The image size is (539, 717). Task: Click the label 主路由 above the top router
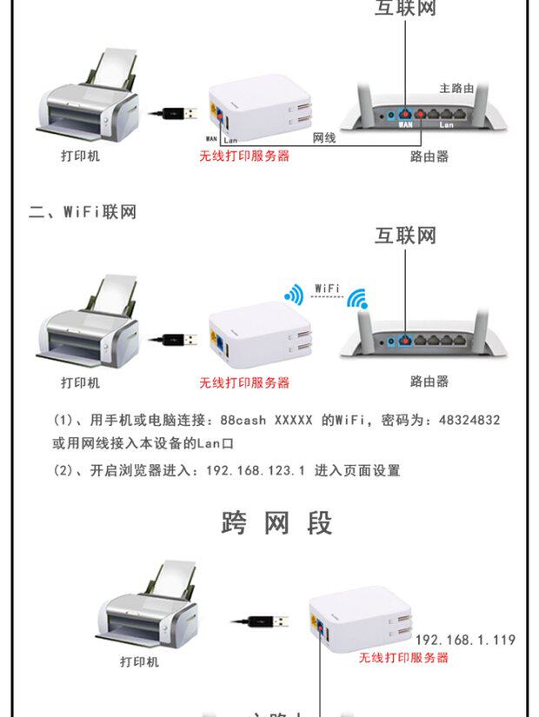(456, 89)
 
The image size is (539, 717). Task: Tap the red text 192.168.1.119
(465, 641)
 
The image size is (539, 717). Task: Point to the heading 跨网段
(277, 523)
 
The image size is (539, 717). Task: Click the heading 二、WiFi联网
(83, 212)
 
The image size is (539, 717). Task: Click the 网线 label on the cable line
(324, 138)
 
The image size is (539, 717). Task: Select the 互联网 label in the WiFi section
(404, 236)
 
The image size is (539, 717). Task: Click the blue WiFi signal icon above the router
(357, 300)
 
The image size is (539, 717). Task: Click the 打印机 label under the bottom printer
(139, 661)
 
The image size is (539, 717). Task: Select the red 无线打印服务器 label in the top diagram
(244, 156)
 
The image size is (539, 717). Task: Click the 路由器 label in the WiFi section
(429, 382)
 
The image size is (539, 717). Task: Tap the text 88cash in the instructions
(243, 421)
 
